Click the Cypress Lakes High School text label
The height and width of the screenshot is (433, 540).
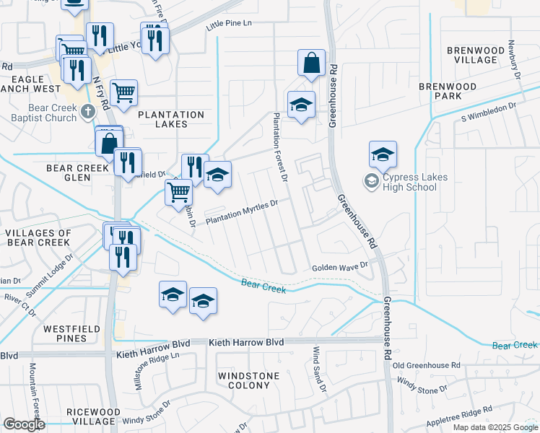pos(415,183)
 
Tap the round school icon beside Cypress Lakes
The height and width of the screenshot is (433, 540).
pos(372,181)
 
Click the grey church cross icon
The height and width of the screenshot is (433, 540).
pos(88,112)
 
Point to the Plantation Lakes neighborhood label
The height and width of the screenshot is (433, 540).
pos(171,119)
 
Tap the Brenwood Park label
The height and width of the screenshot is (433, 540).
pos(448,91)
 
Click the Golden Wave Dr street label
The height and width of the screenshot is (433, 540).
pos(339,267)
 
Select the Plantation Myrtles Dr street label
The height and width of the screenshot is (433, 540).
pos(242,213)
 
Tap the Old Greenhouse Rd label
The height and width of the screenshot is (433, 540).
pos(427,366)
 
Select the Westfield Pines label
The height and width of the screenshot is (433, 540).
pos(71,333)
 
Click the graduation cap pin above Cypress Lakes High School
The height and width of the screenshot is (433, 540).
pos(383,154)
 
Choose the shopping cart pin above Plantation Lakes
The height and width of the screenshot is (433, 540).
pos(123,92)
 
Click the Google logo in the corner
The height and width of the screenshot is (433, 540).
pos(23,424)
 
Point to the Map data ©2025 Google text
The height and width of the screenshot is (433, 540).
pos(495,427)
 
